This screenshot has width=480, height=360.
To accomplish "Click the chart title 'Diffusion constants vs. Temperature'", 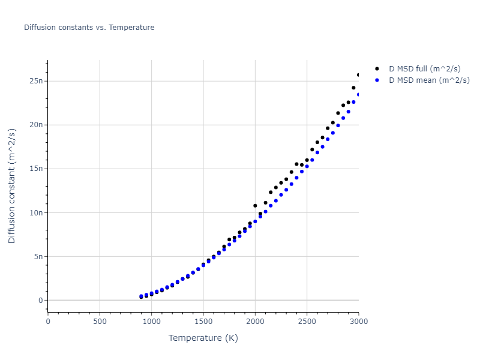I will point(89,28).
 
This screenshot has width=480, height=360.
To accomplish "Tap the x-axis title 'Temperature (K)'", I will point(203,338).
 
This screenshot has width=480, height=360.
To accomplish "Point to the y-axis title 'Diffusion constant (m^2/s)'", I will point(12,187).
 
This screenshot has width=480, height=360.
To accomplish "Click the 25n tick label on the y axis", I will point(35,81).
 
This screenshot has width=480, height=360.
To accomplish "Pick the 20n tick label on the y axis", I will point(35,125).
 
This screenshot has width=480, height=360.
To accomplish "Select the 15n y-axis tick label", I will point(35,169).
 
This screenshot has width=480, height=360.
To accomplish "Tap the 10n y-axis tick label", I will point(35,212).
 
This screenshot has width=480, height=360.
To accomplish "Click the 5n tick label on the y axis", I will point(37,256).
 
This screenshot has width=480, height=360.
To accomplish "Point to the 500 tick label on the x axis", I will point(100,322).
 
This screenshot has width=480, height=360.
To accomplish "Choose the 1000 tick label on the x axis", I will point(151,322).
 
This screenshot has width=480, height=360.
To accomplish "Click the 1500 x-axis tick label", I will point(203,322).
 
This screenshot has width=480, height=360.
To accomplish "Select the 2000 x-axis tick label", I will point(255,322).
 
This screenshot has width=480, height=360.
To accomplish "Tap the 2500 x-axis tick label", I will point(307,322).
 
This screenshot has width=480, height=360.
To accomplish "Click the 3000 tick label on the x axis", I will point(358,322).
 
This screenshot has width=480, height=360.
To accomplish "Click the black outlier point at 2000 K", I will point(255,206).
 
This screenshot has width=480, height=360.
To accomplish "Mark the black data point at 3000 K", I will point(359,75).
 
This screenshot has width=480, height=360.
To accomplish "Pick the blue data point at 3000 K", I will point(359,94).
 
